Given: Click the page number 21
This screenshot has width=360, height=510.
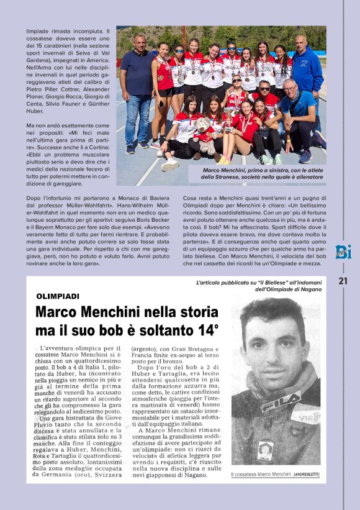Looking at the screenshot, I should point(343,281).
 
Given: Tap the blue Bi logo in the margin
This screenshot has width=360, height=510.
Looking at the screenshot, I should point(343,252).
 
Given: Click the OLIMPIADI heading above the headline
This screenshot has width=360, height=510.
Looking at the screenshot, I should point(58,296).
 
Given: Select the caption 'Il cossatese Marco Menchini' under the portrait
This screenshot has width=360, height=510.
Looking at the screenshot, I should point(260,475).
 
